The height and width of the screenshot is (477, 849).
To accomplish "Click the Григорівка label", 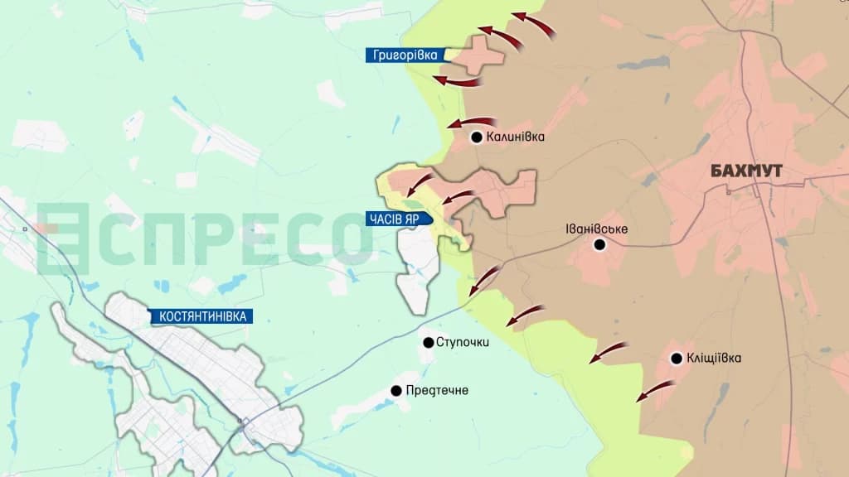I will [406, 55].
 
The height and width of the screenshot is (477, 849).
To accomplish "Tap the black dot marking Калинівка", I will [477, 137].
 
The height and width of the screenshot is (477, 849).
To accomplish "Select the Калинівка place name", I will [516, 137].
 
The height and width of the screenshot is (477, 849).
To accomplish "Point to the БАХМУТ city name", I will [747, 171].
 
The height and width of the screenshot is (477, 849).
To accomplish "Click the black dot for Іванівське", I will [599, 245].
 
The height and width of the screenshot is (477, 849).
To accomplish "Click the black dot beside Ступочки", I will [428, 342].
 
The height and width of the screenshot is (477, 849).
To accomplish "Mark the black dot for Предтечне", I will [396, 389].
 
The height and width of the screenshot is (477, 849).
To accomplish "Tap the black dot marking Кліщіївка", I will [676, 359].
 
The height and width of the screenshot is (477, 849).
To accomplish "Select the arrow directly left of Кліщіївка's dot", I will [609, 351].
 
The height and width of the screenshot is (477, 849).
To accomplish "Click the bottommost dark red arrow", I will [653, 390].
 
